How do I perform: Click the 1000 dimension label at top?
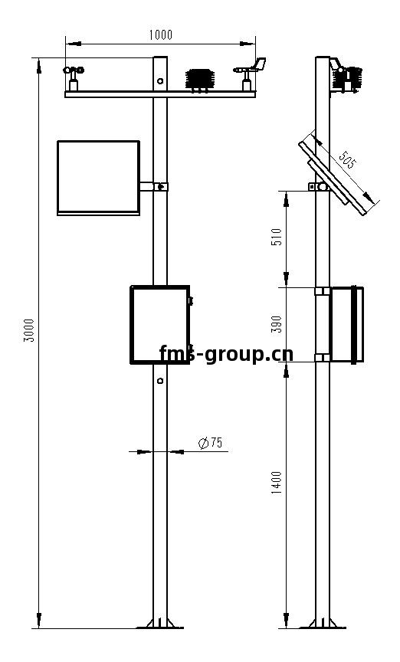point(160,34)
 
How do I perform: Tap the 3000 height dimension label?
point(28,330)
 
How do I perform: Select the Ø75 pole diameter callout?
point(211,443)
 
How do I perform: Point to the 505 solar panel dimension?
point(348,159)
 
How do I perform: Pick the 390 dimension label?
point(276,324)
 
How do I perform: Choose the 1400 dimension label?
point(276,483)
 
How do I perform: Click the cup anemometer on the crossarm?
point(74,78)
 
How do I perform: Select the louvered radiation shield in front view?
point(200,80)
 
